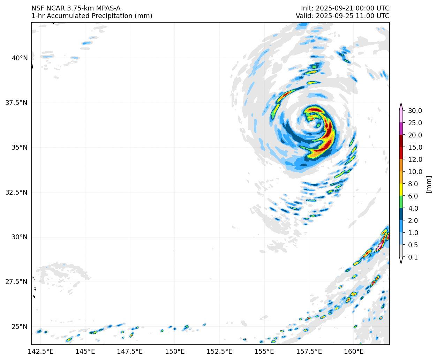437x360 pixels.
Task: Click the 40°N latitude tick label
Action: (x=20, y=58)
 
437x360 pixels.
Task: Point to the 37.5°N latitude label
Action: (x=17, y=103)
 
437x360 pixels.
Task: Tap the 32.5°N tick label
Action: (x=17, y=192)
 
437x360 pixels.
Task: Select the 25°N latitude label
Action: (x=20, y=327)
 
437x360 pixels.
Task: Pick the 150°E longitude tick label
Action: (x=175, y=351)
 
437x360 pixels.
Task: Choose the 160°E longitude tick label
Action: (x=354, y=351)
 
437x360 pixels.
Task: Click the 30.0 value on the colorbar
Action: (x=415, y=111)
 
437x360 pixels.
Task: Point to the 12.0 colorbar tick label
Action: (x=415, y=159)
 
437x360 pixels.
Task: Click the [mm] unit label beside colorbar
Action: (x=429, y=184)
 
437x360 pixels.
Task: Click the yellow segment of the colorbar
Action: (x=401, y=190)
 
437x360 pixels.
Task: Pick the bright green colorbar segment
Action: (x=401, y=202)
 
